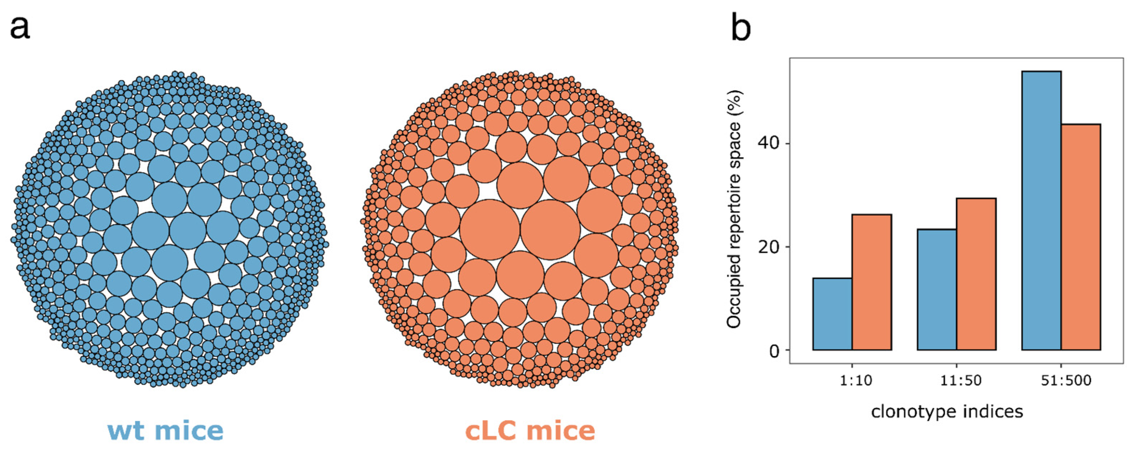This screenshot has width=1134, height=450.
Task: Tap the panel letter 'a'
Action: point(20,28)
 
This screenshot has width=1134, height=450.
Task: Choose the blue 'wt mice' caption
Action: point(165,430)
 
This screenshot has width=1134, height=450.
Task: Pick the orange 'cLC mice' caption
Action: point(530,430)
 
